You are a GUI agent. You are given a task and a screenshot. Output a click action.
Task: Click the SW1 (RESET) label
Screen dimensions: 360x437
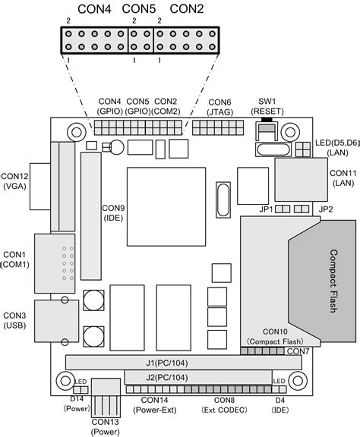[x=267, y=106]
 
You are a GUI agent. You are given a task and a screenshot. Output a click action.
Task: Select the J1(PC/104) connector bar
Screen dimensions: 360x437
[x=184, y=363]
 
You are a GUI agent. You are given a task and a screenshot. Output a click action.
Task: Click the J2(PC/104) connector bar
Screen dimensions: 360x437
[x=198, y=377]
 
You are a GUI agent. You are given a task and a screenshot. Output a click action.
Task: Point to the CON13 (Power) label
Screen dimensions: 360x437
[x=106, y=427]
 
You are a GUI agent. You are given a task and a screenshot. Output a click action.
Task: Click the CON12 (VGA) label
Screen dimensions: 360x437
[x=14, y=181]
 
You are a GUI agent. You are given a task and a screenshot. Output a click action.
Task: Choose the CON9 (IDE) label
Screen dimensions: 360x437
[x=113, y=213]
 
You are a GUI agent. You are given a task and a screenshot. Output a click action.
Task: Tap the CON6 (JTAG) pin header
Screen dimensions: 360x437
[x=218, y=127]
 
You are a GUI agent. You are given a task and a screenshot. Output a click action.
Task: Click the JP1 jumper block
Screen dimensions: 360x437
[x=283, y=209]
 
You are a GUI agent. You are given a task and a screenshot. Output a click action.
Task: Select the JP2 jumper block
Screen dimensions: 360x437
[x=302, y=209]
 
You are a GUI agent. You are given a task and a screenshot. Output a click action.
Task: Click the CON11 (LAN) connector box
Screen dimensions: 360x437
[x=301, y=180]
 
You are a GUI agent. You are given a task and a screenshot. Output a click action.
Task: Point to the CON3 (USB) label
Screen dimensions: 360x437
[x=14, y=320]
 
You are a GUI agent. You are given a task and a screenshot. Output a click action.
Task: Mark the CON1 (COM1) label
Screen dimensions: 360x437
[x=14, y=259]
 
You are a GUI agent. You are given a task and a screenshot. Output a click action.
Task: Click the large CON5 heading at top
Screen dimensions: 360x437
[x=139, y=9]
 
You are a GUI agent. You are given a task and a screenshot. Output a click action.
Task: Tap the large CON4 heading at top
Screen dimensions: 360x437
[x=94, y=9]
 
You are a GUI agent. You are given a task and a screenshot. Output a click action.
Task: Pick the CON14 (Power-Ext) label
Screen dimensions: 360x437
[x=155, y=405]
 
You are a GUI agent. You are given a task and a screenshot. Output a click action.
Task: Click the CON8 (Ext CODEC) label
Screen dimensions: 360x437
[x=224, y=405]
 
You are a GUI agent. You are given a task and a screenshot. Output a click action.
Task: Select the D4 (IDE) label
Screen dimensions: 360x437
[x=280, y=405]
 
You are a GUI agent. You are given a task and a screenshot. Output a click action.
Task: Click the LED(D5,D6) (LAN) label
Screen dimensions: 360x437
[x=337, y=147]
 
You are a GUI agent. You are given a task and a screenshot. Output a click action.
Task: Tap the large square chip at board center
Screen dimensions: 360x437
[x=166, y=207]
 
